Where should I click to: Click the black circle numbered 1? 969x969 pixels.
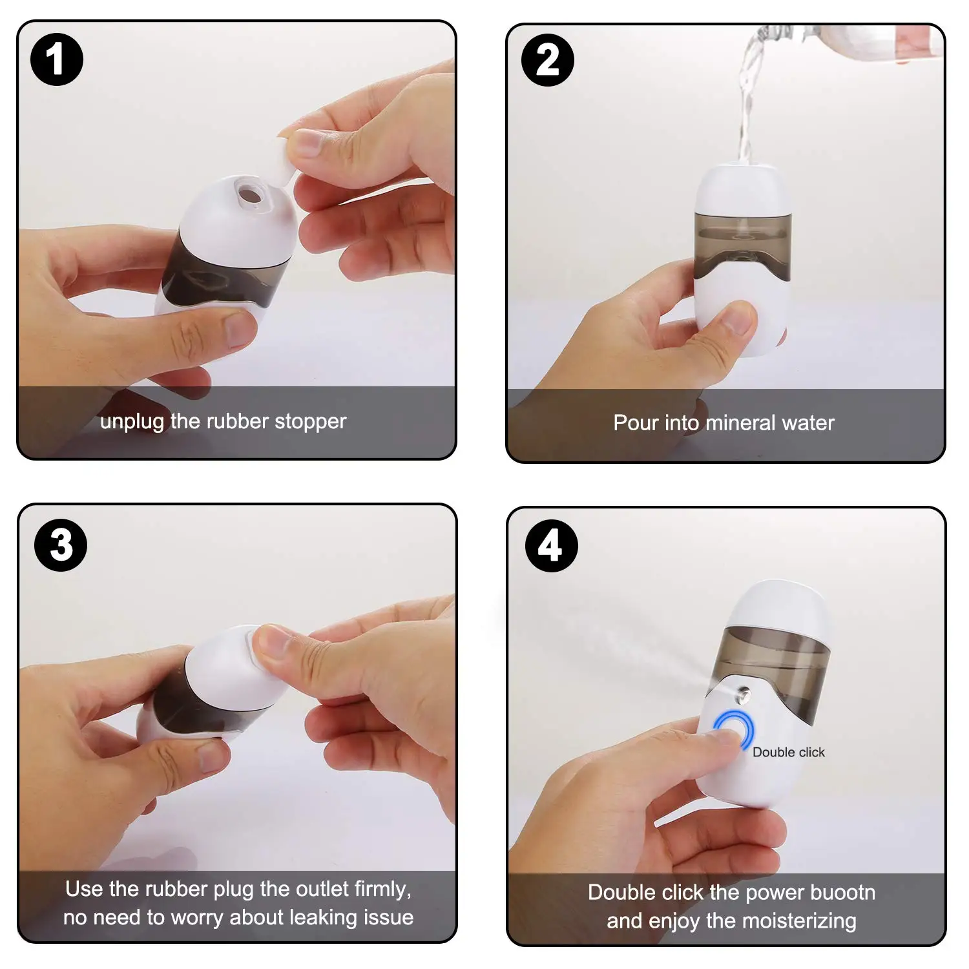pos(57,59)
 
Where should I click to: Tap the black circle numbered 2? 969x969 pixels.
pos(548,60)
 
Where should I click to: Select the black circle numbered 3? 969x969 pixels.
pos(61,545)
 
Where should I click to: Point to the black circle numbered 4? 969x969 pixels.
pos(551,546)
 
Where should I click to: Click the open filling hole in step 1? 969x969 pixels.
pos(249,194)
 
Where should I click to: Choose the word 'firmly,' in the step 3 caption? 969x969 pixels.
pos(382,890)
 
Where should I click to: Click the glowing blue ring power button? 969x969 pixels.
pos(735,728)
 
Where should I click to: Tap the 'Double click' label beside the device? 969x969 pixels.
pos(788,752)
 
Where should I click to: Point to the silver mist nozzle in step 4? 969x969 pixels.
pos(744,695)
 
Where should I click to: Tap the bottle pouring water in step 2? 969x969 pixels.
pos(853,42)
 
